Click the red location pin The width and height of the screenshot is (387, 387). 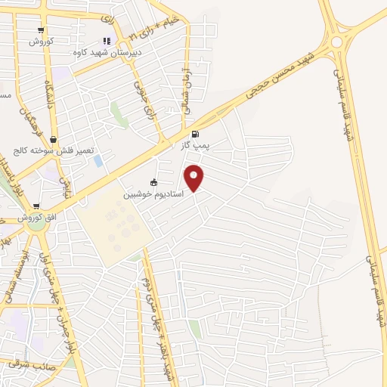[194, 178]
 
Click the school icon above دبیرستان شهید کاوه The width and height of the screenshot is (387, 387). [106, 41]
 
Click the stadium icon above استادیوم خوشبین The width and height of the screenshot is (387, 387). [154, 182]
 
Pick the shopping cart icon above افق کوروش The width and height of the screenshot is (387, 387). [33, 206]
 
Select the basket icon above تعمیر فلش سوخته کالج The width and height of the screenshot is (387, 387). [54, 139]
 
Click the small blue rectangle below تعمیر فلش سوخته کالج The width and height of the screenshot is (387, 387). [98, 161]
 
